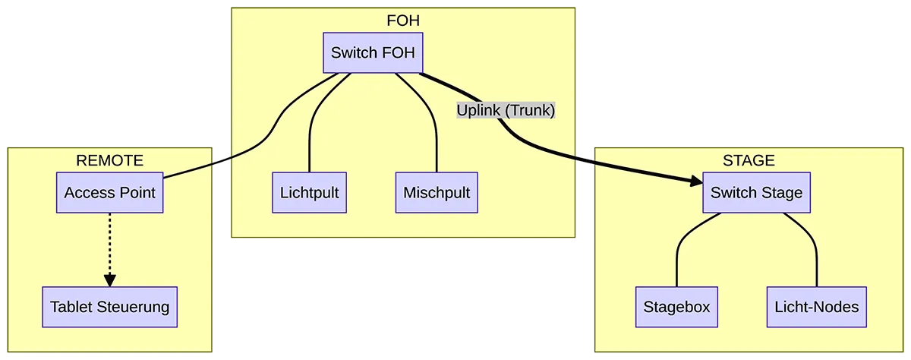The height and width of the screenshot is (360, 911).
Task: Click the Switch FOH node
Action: click(x=373, y=53)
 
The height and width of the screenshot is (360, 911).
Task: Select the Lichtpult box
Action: click(x=309, y=193)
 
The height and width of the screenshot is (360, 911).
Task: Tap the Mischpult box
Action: click(x=437, y=193)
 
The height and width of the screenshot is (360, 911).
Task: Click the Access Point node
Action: click(x=110, y=193)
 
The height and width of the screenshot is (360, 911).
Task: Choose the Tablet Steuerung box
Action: click(x=109, y=308)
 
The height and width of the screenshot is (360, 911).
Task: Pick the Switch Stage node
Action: click(x=756, y=193)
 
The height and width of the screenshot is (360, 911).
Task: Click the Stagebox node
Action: click(x=676, y=308)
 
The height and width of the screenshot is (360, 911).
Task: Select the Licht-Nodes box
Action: click(x=816, y=308)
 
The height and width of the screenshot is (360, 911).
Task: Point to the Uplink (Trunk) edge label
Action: click(x=506, y=110)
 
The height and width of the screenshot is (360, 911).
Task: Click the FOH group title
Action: click(x=403, y=21)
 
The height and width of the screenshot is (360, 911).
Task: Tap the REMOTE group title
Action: click(x=110, y=160)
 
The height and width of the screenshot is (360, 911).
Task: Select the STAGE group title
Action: click(x=749, y=160)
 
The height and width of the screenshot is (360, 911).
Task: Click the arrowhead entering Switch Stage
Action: click(x=696, y=182)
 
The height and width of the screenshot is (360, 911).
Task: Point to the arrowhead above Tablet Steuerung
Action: click(x=110, y=279)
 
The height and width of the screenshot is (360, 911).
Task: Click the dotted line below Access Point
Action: click(x=110, y=243)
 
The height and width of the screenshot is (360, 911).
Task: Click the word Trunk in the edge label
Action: click(x=531, y=110)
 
